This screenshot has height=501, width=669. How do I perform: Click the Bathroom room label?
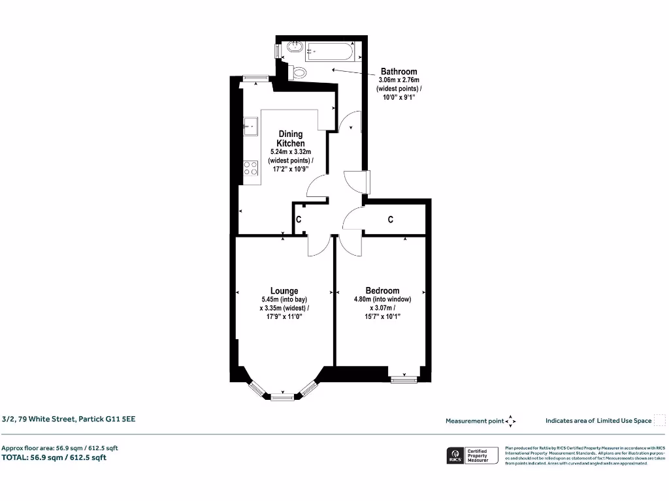(x=399, y=72)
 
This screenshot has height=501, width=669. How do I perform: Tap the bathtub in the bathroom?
(x=330, y=50)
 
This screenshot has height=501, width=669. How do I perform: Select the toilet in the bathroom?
(x=299, y=72)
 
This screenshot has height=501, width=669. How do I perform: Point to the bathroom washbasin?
(x=293, y=47)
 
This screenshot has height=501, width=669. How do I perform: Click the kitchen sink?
(x=250, y=125)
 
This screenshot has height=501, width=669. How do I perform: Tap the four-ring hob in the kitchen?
(x=250, y=169)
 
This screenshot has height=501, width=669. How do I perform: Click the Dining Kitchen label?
(x=291, y=138)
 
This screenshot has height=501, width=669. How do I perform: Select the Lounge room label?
(x=284, y=291)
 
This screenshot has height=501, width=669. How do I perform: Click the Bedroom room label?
(x=382, y=291)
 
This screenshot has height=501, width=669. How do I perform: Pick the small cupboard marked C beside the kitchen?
(x=299, y=220)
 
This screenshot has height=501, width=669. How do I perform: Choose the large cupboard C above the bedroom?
(x=391, y=220)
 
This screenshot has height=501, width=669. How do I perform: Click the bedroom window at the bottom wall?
(x=403, y=378)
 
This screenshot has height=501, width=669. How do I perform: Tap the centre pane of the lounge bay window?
(x=282, y=396)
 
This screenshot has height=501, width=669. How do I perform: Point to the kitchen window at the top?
(x=255, y=78)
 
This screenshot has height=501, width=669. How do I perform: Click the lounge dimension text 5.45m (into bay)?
(x=284, y=300)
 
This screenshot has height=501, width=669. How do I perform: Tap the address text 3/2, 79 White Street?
(x=69, y=419)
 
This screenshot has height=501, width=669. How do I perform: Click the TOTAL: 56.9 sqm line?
(x=54, y=457)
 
